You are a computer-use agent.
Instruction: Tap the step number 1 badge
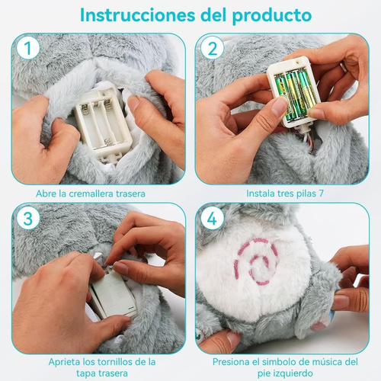28,49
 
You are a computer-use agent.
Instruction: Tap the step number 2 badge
213,49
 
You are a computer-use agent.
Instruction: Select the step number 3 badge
28,219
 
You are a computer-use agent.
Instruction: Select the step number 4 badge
213,219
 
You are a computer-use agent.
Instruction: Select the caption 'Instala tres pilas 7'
285,194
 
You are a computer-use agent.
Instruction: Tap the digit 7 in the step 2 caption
321,194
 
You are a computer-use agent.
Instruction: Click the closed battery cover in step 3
112,293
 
